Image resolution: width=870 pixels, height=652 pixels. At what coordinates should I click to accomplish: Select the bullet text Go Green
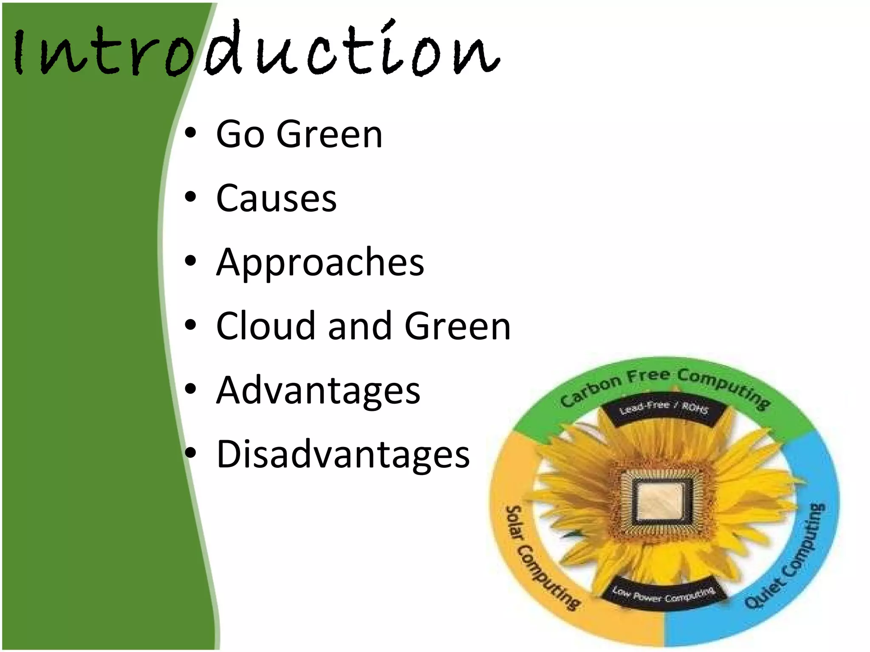point(299,134)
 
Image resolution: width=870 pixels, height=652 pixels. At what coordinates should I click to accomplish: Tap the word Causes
point(276,198)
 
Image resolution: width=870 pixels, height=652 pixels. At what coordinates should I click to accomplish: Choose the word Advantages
point(318,391)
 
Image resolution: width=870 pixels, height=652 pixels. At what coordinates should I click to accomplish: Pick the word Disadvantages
point(343,454)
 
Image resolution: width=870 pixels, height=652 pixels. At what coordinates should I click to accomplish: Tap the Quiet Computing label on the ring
point(786,560)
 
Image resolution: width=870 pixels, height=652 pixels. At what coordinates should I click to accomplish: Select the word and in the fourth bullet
point(359,326)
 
